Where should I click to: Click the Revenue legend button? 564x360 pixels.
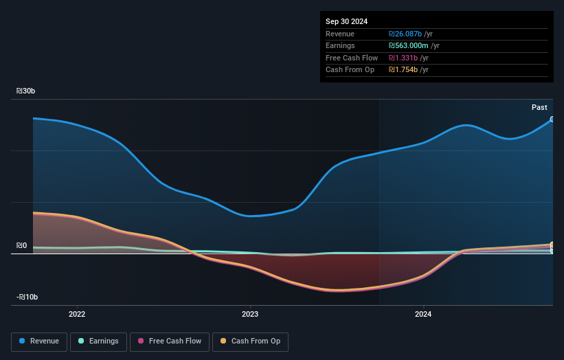[x=39, y=341]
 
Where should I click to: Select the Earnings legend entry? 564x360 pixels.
[x=98, y=341]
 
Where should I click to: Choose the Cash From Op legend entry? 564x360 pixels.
[x=250, y=341]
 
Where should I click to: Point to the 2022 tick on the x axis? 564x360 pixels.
[x=77, y=314]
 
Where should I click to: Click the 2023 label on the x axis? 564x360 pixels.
[x=250, y=314]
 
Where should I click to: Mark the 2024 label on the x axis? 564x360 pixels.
[x=423, y=314]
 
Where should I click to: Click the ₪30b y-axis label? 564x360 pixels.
[x=27, y=91]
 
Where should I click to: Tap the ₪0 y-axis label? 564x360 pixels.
[x=22, y=245]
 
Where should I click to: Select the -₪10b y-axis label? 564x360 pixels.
[x=27, y=297]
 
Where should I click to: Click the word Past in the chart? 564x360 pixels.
[x=539, y=107]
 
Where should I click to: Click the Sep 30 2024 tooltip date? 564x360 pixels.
[x=348, y=21]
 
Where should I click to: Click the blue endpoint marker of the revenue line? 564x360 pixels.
[x=552, y=119]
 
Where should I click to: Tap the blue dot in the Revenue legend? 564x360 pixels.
[x=23, y=341]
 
